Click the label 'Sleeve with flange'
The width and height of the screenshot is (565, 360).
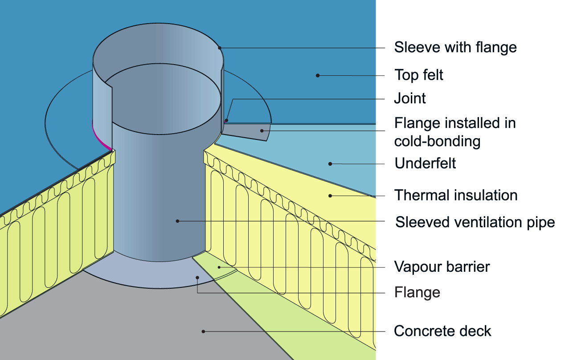[455, 47]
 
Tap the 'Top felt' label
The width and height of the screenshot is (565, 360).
[419, 75]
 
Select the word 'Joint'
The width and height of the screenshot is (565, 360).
[410, 98]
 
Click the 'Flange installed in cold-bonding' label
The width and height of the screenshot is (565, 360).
[455, 132]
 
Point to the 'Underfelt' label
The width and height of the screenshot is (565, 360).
[425, 164]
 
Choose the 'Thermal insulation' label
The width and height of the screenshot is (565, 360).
[456, 195]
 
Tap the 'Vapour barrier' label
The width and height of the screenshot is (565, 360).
[442, 267]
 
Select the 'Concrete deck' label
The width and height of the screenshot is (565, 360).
[442, 331]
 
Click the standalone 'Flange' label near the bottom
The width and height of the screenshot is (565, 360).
[417, 292]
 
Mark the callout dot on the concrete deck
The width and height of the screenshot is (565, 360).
[203, 331]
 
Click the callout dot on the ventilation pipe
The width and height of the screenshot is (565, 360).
[177, 221]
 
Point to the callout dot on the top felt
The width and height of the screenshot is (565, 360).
[318, 75]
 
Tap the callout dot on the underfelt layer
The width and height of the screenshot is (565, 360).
[330, 164]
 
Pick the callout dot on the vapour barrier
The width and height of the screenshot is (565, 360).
[219, 267]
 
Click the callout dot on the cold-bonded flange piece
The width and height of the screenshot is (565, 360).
[262, 131]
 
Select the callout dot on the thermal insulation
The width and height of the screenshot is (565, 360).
[330, 195]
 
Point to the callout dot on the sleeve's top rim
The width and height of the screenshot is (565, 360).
[219, 47]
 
